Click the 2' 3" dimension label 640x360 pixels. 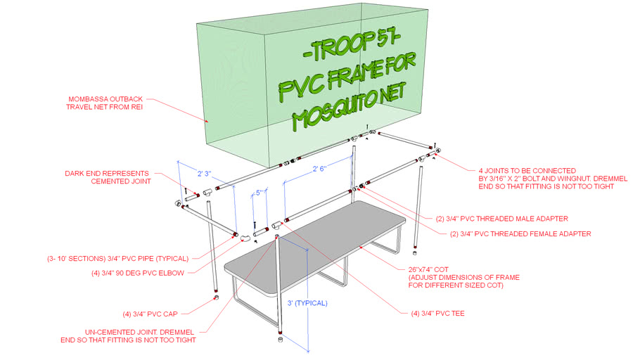point(205,173)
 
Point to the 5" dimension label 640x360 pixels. point(260,193)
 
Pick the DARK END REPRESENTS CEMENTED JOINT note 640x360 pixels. point(107,176)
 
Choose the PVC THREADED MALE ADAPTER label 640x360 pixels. point(502,219)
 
